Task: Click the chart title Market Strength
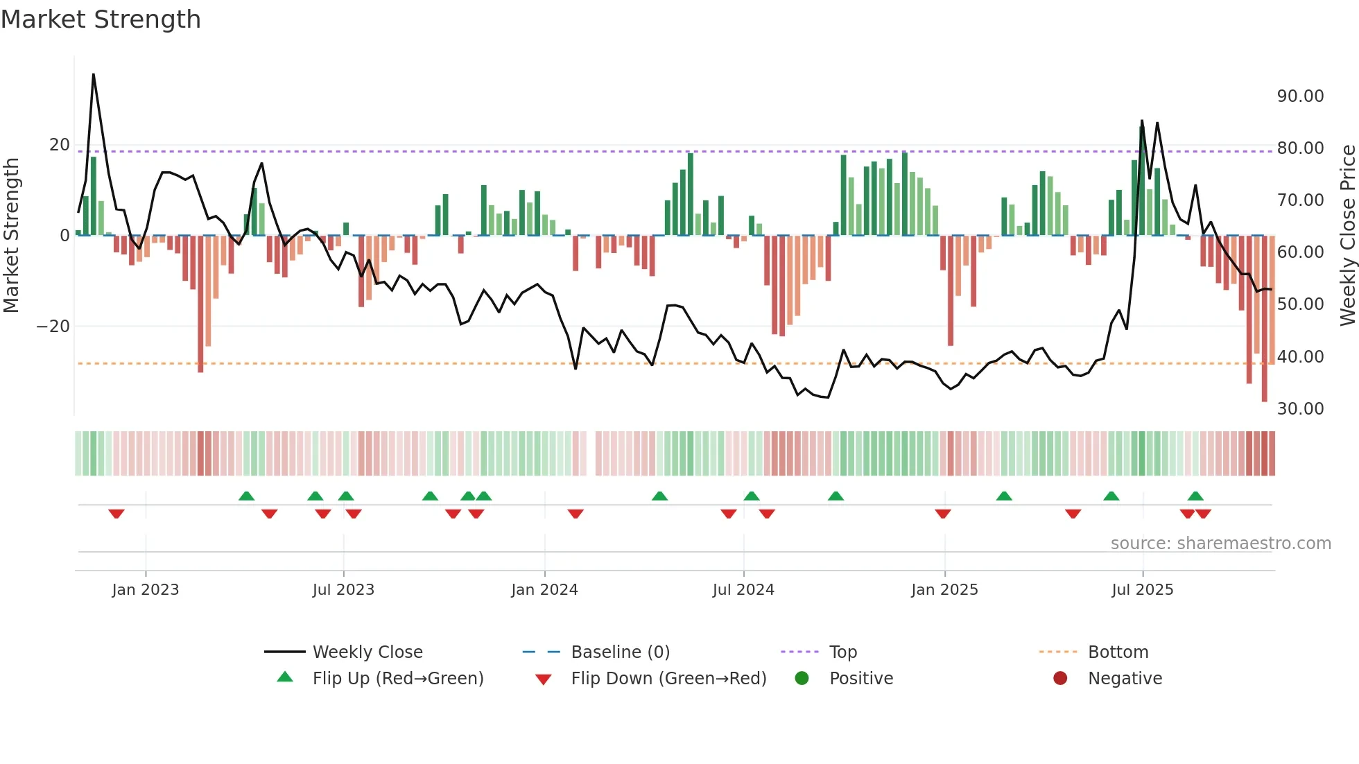point(101,19)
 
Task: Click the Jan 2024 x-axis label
point(544,590)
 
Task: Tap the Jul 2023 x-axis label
point(343,590)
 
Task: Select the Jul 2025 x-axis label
point(1142,590)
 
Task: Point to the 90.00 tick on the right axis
point(1300,96)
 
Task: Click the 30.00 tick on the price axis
point(1300,409)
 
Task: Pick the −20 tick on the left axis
point(53,327)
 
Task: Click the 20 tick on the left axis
point(60,145)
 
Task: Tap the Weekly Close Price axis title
point(1347,236)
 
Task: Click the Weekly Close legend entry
point(367,652)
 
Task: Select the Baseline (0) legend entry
point(620,652)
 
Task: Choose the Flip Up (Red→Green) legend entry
point(397,679)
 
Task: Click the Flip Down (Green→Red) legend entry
point(668,679)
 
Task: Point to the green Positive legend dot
point(802,679)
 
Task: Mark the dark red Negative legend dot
point(1060,679)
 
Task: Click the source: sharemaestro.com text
point(1220,544)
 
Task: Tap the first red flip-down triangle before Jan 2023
point(116,514)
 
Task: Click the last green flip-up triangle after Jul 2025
point(1195,496)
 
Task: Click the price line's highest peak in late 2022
point(94,74)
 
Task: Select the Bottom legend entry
point(1118,652)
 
